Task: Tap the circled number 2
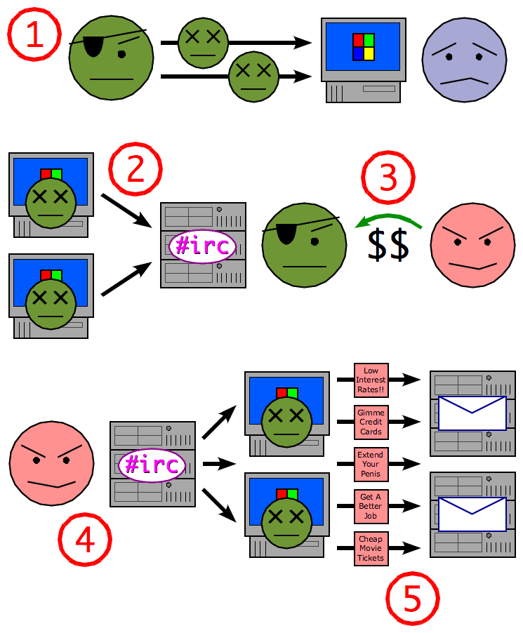coord(135,171)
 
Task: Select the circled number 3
coord(388,178)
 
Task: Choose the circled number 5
coord(413,599)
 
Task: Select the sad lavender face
coord(463,60)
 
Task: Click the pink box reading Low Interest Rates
coord(371,380)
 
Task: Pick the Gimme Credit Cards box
coord(371,422)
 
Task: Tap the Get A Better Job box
coord(371,506)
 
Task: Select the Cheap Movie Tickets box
coord(371,548)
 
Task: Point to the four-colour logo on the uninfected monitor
coord(363,46)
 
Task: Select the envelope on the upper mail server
coord(472,413)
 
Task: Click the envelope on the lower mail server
coord(472,514)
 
